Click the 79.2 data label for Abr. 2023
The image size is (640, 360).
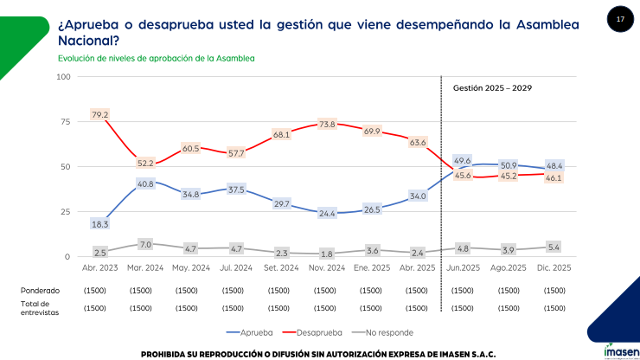pyautogui.click(x=99, y=114)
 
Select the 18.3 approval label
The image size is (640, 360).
pyautogui.click(x=99, y=224)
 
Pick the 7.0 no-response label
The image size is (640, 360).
pyautogui.click(x=144, y=245)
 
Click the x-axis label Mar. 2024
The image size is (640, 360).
pyautogui.click(x=144, y=267)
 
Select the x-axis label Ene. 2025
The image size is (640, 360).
pyautogui.click(x=373, y=267)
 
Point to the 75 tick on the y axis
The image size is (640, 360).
pyautogui.click(x=63, y=121)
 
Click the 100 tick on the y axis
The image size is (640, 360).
pyautogui.click(x=61, y=76)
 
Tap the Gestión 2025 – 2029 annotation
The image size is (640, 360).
pyautogui.click(x=493, y=88)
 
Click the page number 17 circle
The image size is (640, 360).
pyautogui.click(x=619, y=18)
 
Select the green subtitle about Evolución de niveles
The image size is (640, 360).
pyautogui.click(x=156, y=58)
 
